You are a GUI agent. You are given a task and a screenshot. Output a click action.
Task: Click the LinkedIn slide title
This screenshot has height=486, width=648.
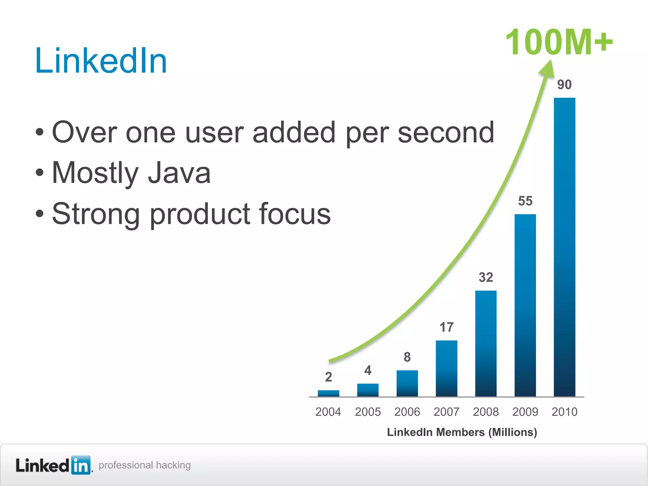point(101,61)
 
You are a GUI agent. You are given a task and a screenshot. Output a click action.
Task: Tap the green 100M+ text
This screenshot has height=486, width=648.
point(558,42)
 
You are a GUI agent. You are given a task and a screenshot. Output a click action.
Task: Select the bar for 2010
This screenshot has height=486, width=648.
point(564,247)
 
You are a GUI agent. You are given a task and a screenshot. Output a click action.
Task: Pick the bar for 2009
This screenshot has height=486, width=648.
point(525,305)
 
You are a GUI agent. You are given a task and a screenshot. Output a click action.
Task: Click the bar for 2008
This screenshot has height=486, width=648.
point(486,343)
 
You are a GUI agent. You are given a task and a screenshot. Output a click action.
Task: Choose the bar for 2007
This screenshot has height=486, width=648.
point(446,368)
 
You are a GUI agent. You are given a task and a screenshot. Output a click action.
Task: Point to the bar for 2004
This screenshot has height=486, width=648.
point(328,393)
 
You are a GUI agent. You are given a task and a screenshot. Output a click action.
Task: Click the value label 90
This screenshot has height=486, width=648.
point(564,84)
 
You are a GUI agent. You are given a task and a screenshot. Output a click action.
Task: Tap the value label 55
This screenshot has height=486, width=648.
point(525,201)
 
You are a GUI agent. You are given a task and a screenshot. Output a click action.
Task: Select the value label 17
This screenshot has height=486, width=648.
point(446,327)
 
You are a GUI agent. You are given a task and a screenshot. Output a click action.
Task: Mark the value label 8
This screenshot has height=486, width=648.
point(407,357)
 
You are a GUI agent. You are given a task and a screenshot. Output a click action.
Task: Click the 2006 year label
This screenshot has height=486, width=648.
point(407,412)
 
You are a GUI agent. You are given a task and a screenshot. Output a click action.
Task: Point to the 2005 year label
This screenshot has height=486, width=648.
point(368,412)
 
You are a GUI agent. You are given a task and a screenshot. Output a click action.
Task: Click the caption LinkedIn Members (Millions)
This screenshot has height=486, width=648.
point(462,432)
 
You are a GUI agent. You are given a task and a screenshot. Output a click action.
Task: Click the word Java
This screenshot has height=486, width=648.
point(179,173)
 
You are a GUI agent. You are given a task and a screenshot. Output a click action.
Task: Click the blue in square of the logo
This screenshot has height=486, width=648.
point(81,465)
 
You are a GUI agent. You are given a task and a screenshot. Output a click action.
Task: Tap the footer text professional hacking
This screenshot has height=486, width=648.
point(145,465)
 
